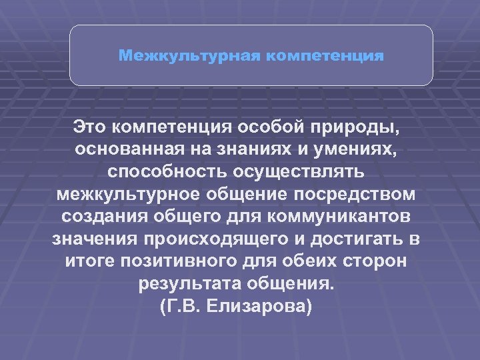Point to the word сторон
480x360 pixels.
click(x=378, y=262)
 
